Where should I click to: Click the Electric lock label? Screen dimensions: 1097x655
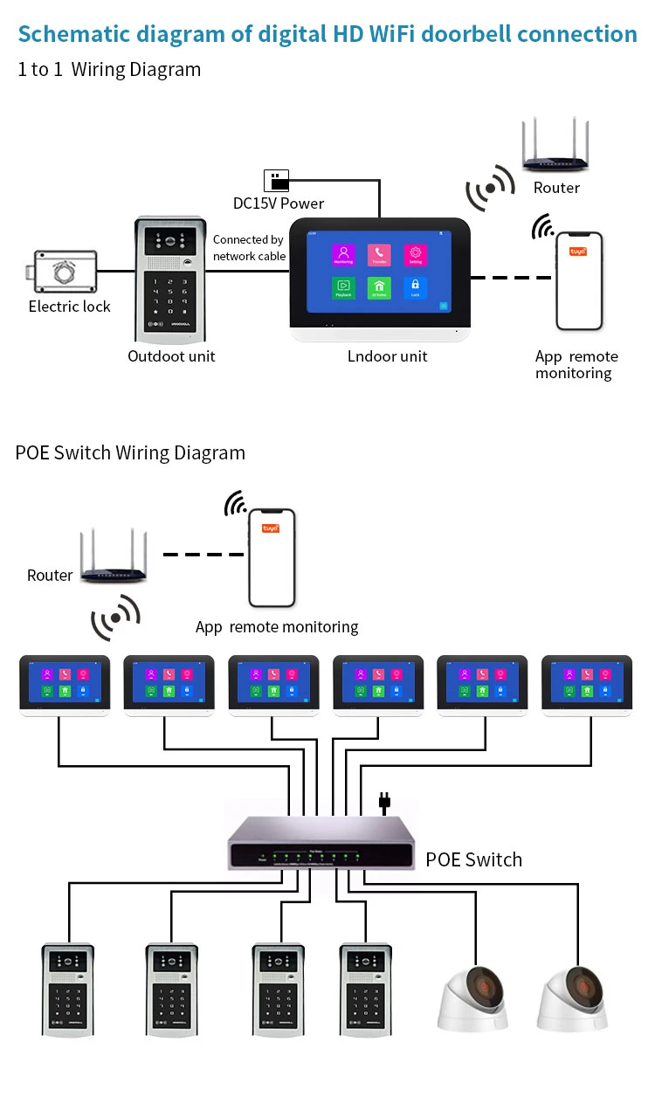[x=69, y=307]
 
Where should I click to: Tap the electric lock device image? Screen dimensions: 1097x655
[x=63, y=272]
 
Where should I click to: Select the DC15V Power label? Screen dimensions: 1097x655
[x=278, y=204]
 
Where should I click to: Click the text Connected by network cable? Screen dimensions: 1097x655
[x=249, y=247]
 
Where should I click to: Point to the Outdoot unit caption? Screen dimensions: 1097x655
[x=171, y=355]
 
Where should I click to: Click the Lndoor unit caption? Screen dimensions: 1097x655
[x=388, y=355]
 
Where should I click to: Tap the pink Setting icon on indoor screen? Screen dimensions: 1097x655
[x=416, y=255]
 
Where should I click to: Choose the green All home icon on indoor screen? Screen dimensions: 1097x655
[x=379, y=288]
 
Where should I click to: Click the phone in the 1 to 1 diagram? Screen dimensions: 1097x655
[x=580, y=281]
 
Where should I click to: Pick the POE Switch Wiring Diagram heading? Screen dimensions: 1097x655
[x=130, y=452]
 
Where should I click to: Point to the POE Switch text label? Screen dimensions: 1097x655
[x=473, y=859]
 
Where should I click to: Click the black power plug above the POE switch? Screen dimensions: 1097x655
[x=382, y=802]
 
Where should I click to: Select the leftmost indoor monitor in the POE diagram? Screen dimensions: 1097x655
[x=65, y=686]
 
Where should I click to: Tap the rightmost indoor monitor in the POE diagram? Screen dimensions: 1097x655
[x=587, y=686]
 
